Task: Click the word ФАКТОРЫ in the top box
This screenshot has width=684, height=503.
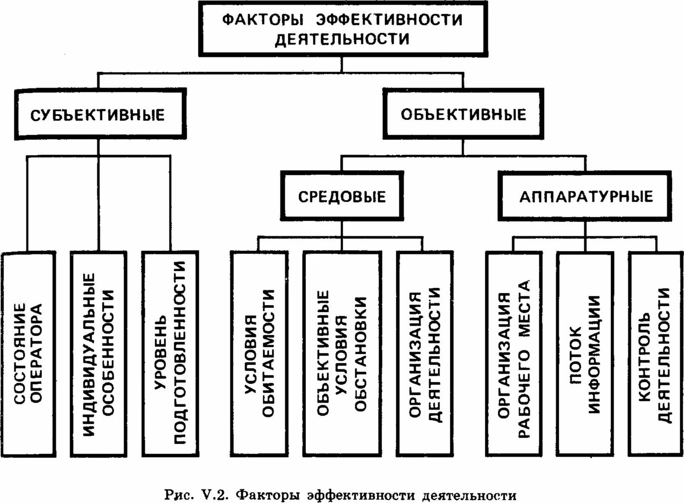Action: coord(263,20)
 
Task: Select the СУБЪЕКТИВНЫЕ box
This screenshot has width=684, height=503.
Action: coord(100,114)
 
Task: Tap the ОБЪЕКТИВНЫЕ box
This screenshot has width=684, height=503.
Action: coord(463,114)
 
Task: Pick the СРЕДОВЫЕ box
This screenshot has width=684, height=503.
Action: coord(342,196)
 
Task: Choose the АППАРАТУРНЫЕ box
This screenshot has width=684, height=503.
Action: coord(586,196)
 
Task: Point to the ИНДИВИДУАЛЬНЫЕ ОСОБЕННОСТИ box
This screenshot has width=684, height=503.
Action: coord(99,354)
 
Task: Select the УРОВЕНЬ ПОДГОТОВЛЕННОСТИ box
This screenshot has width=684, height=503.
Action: coord(170,354)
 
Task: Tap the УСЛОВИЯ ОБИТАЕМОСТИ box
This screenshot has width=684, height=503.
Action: coord(259,354)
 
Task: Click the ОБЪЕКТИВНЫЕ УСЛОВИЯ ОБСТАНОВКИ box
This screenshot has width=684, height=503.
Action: coord(342,354)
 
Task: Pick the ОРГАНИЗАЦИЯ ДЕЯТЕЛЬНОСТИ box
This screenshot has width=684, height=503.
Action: coord(425,354)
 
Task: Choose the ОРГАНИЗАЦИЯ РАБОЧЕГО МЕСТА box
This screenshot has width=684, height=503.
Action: coord(514,354)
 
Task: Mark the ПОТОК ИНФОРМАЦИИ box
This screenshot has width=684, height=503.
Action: coord(585,354)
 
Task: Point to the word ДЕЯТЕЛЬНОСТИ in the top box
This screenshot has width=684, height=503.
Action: coord(342,40)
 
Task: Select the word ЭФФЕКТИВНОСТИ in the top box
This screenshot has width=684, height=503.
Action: coord(389,20)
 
